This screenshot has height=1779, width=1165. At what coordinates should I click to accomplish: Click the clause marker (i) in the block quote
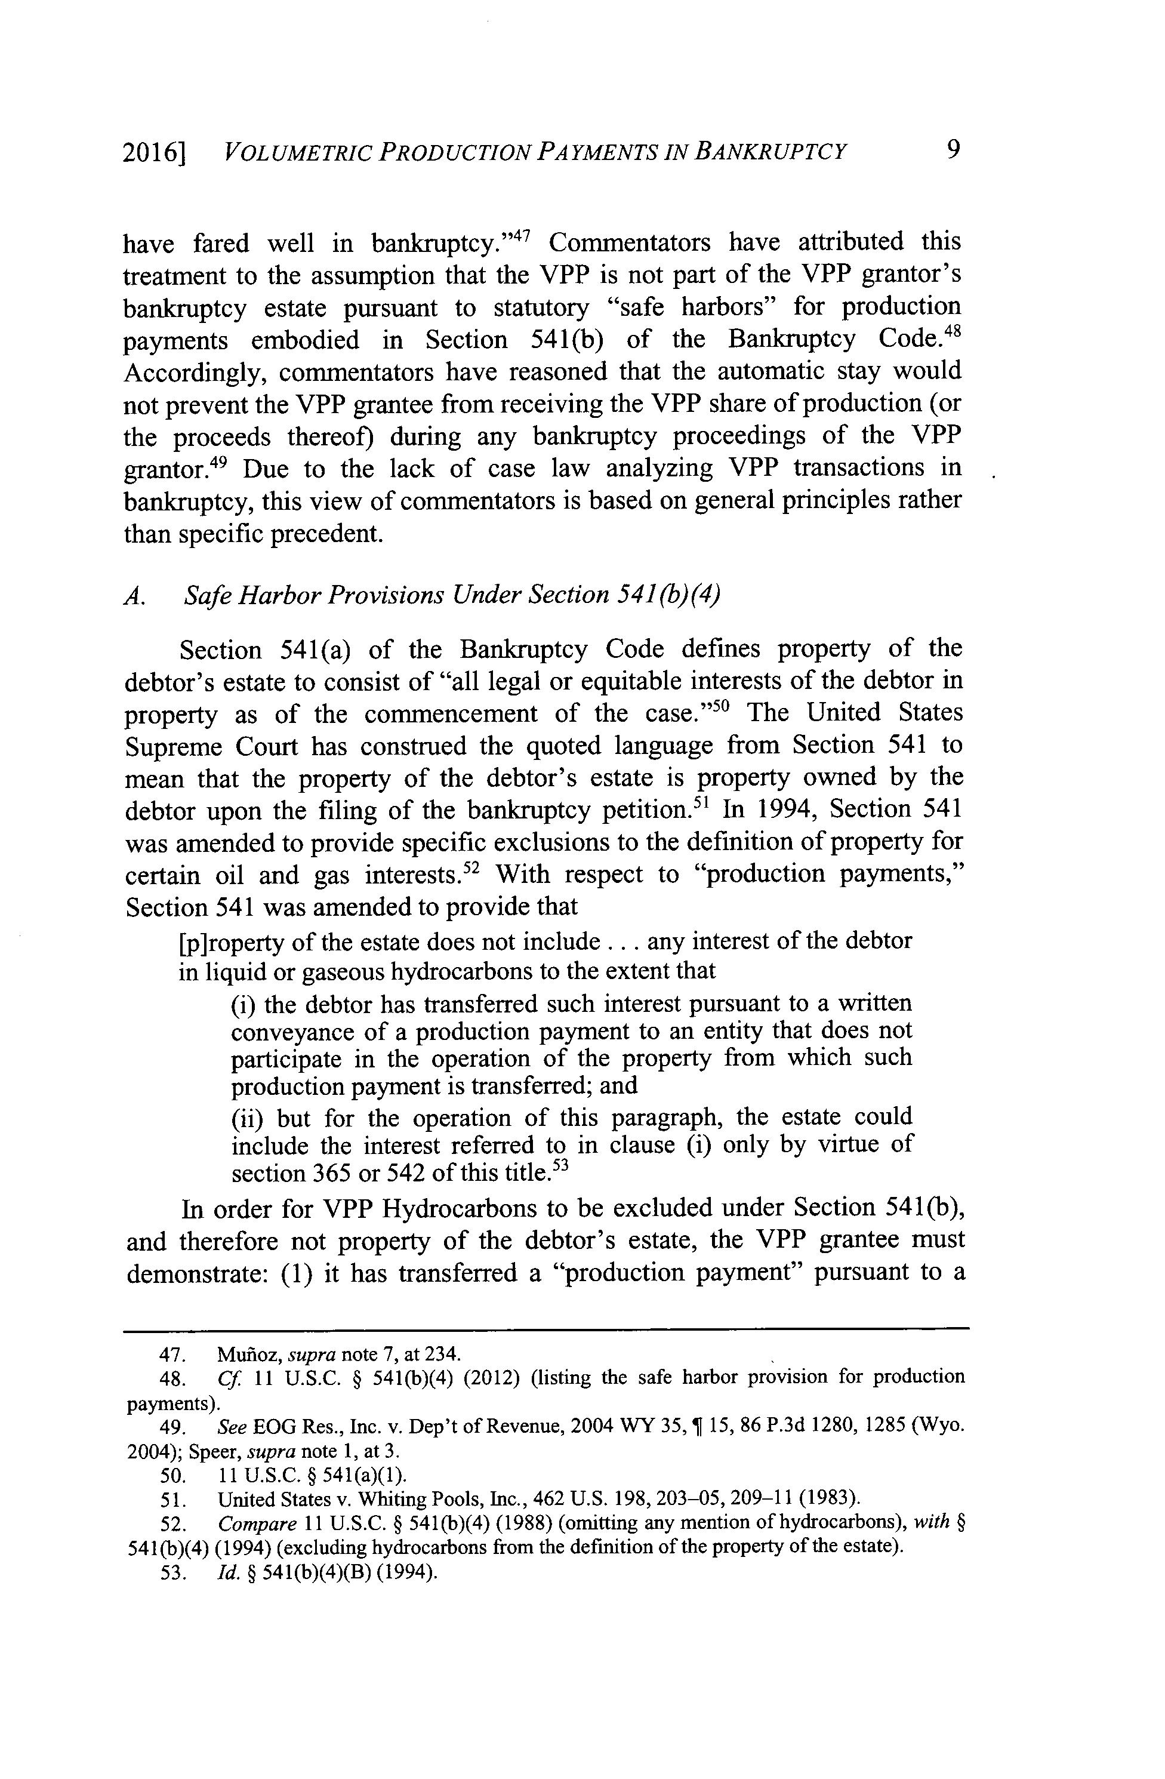click(243, 1003)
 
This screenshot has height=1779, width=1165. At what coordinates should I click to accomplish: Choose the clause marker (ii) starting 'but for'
click(246, 1118)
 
